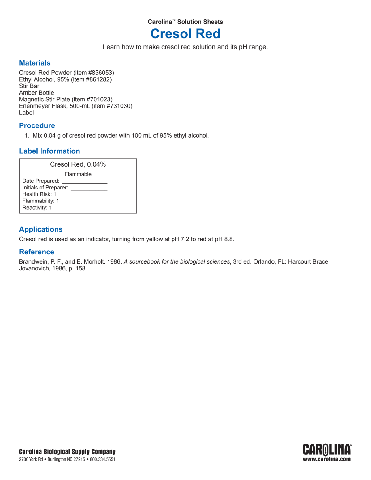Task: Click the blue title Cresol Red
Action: click(x=185, y=34)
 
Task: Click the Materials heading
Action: click(x=35, y=63)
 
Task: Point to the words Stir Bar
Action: click(x=29, y=86)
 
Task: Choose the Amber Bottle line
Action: click(x=36, y=93)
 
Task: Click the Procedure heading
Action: click(x=37, y=126)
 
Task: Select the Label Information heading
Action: click(x=49, y=151)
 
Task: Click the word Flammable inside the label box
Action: click(x=78, y=174)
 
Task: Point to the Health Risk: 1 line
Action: click(x=39, y=194)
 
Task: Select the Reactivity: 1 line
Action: click(x=37, y=208)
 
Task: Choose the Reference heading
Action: click(x=36, y=252)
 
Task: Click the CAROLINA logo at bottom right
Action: click(x=326, y=450)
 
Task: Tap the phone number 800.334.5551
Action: click(x=103, y=460)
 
